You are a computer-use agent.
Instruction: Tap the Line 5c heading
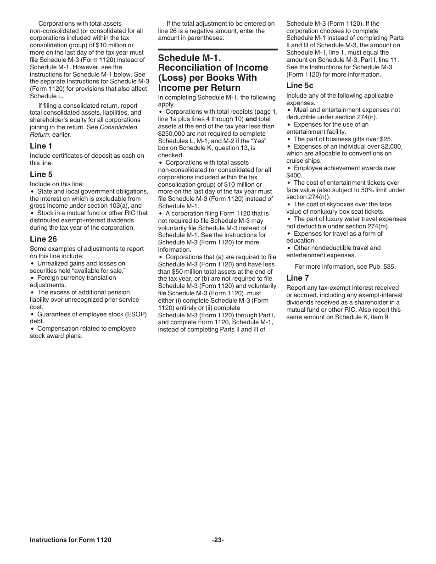coord(300,85)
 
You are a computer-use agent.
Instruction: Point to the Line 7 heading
coord(297,278)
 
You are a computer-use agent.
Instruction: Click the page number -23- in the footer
coord(218,540)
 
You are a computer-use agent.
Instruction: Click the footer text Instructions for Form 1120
coord(70,540)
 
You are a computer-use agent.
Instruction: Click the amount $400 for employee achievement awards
coord(294,175)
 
